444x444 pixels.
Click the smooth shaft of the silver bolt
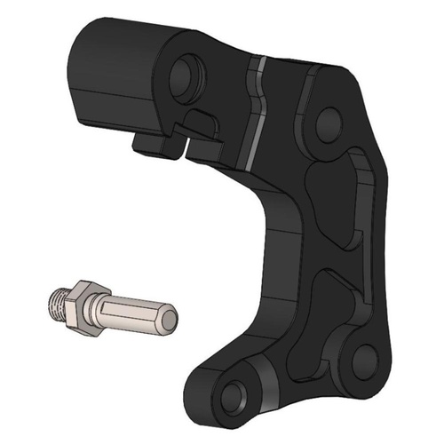(x=133, y=312)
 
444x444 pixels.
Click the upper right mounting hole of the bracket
(x=326, y=120)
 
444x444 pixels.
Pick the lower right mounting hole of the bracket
(x=362, y=359)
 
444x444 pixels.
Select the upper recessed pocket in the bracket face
(x=342, y=200)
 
